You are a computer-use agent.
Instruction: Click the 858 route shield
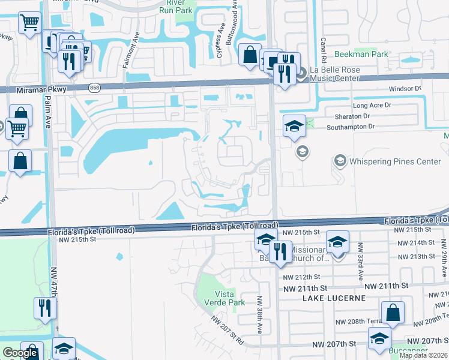pos(94,88)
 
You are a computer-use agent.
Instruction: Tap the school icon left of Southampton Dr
pos(294,127)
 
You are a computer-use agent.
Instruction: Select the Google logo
pos(20,353)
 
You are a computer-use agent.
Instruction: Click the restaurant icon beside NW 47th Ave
pos(46,308)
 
